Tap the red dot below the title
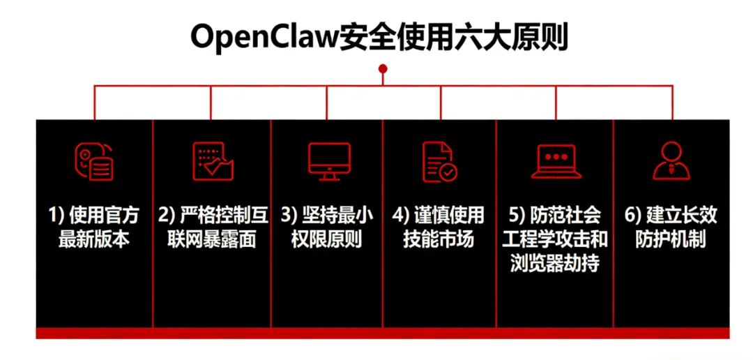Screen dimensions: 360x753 pyautogui.click(x=382, y=68)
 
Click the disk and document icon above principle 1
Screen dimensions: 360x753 pyautogui.click(x=94, y=162)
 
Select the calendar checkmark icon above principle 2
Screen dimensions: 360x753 pyautogui.click(x=213, y=162)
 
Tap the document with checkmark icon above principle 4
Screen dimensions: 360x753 pyautogui.click(x=439, y=162)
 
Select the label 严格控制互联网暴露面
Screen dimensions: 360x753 pyautogui.click(x=212, y=227)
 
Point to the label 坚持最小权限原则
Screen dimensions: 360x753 pyautogui.click(x=327, y=227)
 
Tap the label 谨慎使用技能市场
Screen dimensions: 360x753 pyautogui.click(x=439, y=227)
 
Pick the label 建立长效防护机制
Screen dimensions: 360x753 pyautogui.click(x=671, y=227)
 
